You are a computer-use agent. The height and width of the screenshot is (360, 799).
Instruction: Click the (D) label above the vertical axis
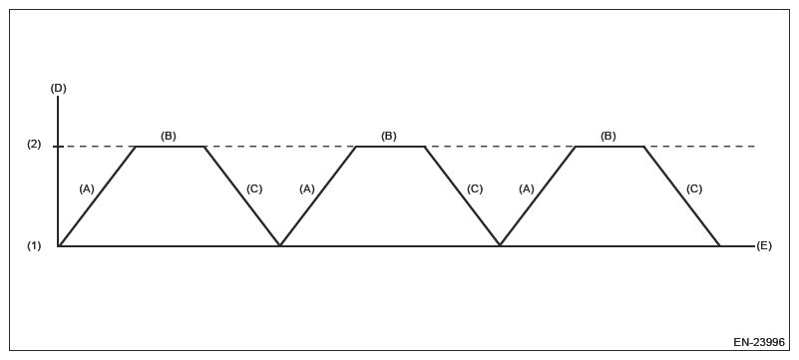coord(58,89)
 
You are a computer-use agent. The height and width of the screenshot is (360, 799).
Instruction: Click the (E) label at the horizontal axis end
coord(764,245)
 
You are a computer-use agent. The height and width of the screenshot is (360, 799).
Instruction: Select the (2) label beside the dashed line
coord(34,146)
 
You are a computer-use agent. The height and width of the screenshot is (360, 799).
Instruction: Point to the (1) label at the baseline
coord(34,245)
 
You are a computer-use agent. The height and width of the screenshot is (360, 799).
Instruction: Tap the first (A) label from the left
coord(86,188)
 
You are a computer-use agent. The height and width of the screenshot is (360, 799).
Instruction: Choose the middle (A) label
coord(306,188)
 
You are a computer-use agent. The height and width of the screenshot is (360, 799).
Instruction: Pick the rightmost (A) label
coord(527,188)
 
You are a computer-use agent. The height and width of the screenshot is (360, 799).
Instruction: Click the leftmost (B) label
coord(169,136)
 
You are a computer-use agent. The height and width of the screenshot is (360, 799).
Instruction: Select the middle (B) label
coord(389,136)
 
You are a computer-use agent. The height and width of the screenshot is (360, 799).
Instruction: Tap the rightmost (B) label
coord(608,136)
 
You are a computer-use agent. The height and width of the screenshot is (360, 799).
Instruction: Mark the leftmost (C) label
coord(253,188)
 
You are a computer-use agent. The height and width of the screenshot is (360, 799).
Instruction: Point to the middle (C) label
coord(474,188)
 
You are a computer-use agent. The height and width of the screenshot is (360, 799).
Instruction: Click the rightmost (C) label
coord(694,188)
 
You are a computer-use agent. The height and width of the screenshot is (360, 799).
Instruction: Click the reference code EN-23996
coord(758,342)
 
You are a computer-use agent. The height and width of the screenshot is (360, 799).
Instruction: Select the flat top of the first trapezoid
coord(170,147)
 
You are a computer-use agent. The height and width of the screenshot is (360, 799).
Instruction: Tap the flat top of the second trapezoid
coord(390,147)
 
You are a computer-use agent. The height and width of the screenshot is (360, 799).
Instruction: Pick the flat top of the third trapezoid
coord(609,147)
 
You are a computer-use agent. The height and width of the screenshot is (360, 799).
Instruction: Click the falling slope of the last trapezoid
coord(681,195)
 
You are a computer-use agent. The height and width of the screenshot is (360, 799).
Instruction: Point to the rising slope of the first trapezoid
coord(98,195)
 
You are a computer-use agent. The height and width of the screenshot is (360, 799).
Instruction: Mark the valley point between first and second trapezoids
coord(280,244)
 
